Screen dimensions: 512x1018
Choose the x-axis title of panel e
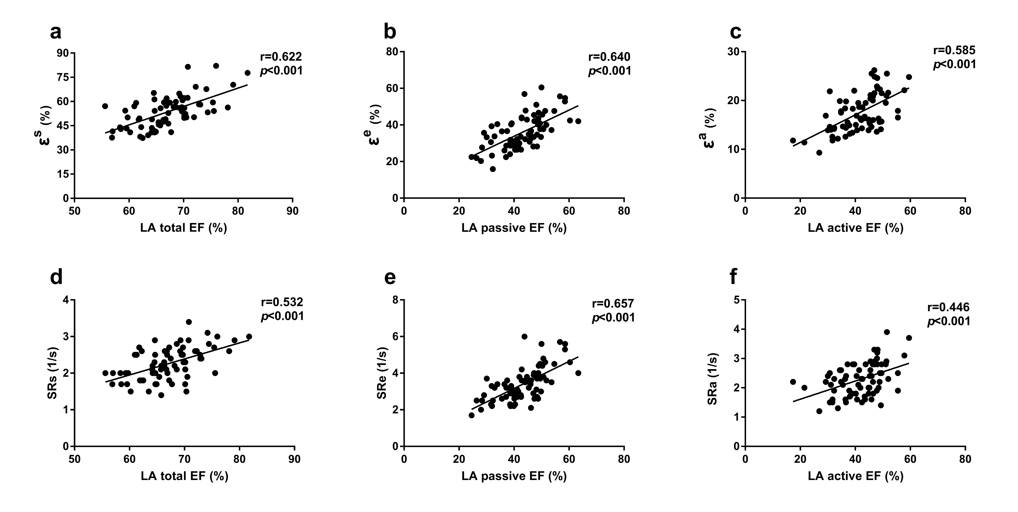click(514, 476)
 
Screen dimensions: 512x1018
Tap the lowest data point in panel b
click(492, 169)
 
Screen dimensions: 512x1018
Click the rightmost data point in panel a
click(247, 73)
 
